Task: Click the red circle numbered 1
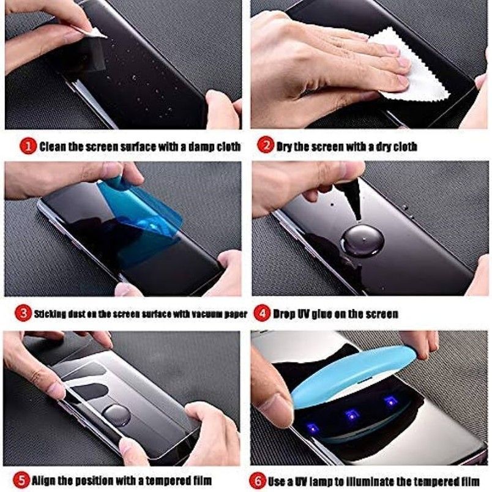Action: [x=28, y=146]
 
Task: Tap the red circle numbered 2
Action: [x=266, y=145]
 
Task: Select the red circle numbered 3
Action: [x=23, y=313]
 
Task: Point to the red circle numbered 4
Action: [x=262, y=313]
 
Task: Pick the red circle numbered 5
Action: [x=21, y=481]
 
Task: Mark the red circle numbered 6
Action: [x=257, y=481]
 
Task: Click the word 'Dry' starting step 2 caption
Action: [x=285, y=146]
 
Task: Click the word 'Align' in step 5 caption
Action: [x=43, y=480]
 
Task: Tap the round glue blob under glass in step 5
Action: [x=117, y=415]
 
